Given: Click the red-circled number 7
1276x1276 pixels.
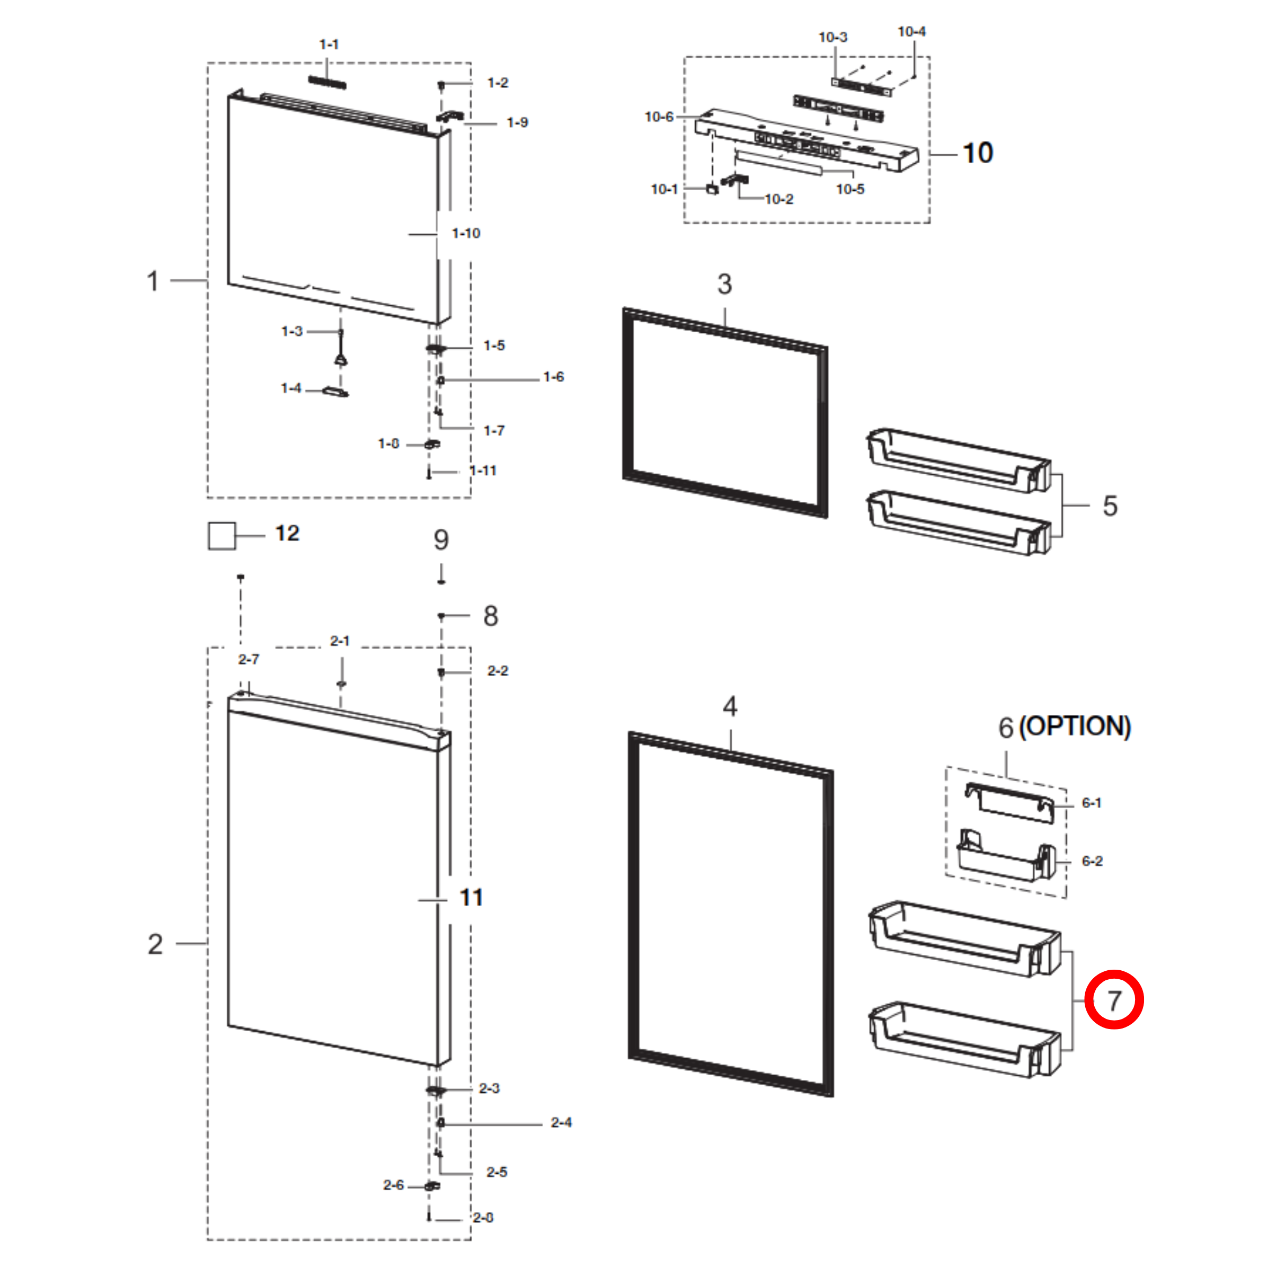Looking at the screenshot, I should (x=1114, y=1000).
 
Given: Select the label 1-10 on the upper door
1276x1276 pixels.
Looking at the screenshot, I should (x=466, y=233).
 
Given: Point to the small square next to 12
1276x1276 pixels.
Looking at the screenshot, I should (x=222, y=536).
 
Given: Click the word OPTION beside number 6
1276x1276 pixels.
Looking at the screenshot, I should (x=1075, y=726).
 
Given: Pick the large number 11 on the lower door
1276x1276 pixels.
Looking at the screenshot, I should (x=471, y=898).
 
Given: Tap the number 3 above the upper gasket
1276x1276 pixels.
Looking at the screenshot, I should (x=724, y=284).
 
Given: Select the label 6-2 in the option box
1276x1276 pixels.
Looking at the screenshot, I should (x=1092, y=861).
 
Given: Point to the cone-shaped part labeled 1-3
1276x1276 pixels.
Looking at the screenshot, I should (x=341, y=359).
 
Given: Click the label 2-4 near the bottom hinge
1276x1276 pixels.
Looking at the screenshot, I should (x=561, y=1122).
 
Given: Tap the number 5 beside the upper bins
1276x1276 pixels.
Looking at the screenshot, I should (x=1110, y=506).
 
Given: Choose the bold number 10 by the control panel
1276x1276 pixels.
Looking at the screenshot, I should (x=978, y=153).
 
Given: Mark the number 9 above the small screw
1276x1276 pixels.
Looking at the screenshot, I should (x=441, y=539).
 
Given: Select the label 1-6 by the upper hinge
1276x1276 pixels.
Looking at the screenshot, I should (x=553, y=377).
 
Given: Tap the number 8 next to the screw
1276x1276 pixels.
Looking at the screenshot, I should (x=490, y=616).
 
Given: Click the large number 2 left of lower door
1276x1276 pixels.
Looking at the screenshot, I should (x=155, y=944).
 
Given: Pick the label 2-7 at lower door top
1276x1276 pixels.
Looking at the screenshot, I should (x=249, y=659).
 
